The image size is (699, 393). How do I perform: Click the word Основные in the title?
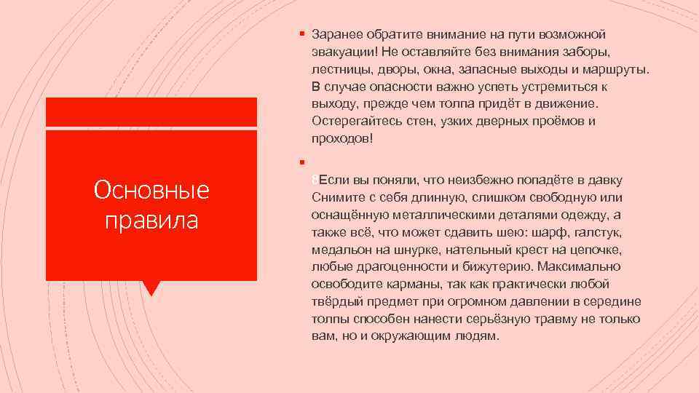pos(151,191)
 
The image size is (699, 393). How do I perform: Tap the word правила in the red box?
pos(151,219)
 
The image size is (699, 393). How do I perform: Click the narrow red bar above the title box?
pos(151,112)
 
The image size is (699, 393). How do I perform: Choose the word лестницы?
pos(340,70)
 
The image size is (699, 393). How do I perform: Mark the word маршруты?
pos(616,70)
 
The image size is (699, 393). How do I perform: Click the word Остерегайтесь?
pos(353,121)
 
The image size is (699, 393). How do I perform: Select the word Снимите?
pos(334,198)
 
